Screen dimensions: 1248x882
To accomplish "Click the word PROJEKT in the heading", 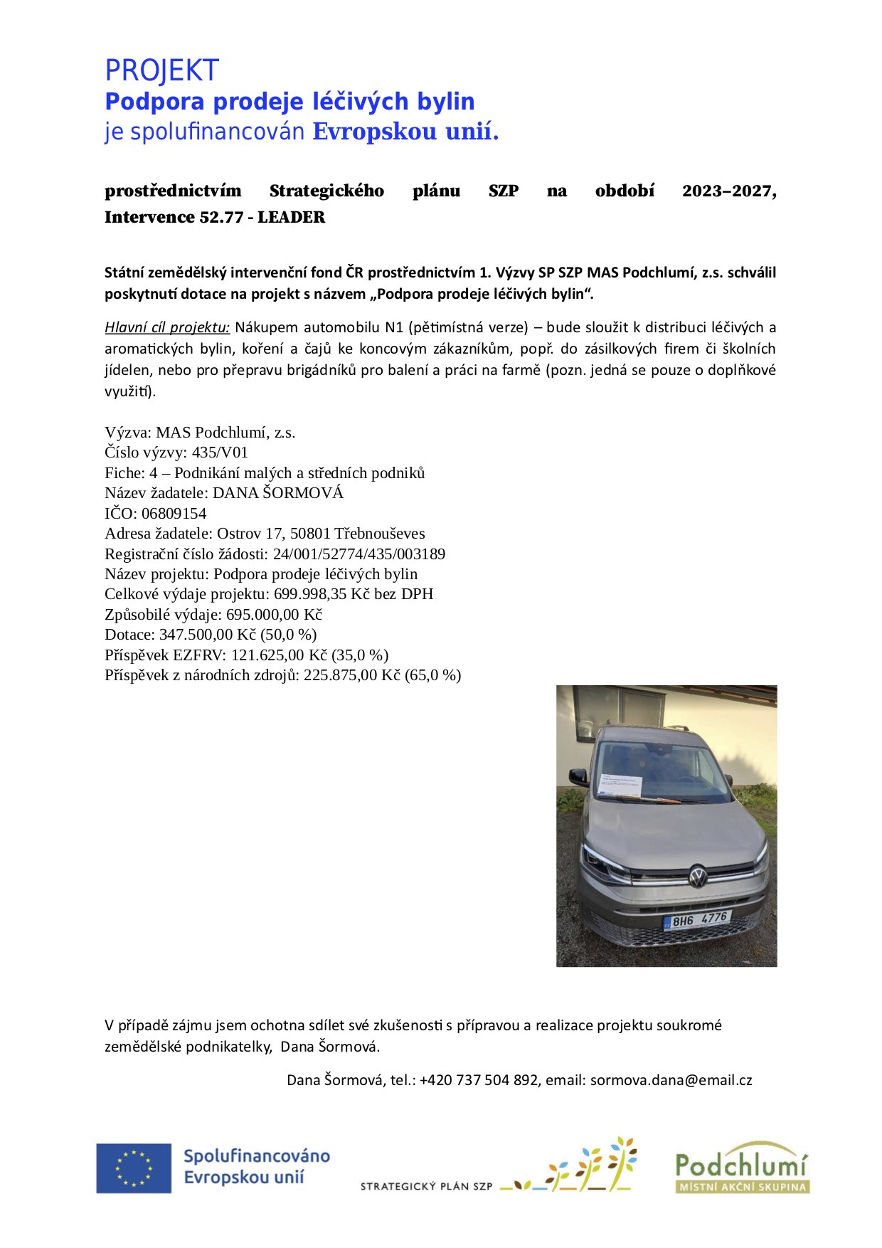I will (x=161, y=70).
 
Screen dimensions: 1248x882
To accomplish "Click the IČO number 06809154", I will (x=174, y=513).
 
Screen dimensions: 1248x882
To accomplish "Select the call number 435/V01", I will (x=220, y=453).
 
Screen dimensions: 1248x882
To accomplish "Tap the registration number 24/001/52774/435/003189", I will (x=359, y=554).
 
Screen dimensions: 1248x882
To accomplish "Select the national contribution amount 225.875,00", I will (x=341, y=675).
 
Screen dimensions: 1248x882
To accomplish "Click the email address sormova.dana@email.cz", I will (x=671, y=1079).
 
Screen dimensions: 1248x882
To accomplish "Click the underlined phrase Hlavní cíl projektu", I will (x=167, y=327).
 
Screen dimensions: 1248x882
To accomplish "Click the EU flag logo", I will (x=134, y=1168).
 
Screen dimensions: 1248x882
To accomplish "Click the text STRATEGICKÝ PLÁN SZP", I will (x=426, y=1186).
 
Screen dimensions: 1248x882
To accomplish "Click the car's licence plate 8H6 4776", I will (x=698, y=920).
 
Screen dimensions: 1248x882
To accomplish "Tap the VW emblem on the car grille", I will (x=697, y=876).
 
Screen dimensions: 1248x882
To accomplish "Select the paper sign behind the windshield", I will (x=620, y=784).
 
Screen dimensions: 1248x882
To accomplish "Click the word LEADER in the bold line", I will (x=291, y=217).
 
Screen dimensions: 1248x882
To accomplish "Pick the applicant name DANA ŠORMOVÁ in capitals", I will (x=278, y=493).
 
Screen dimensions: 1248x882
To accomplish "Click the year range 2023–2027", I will (x=728, y=191).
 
